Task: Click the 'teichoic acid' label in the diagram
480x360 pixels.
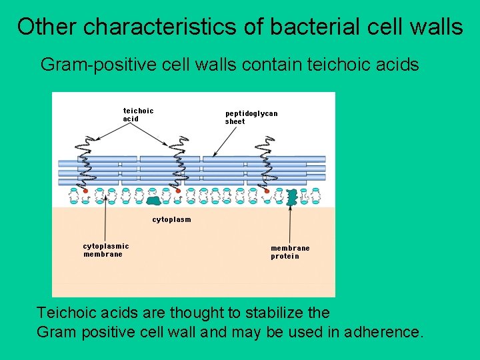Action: [x=138, y=115]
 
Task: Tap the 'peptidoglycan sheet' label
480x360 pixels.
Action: [x=251, y=117]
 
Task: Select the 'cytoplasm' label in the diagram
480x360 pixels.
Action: [x=171, y=219]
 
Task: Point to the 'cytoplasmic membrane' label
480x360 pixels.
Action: [x=105, y=250]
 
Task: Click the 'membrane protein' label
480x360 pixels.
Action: [x=290, y=252]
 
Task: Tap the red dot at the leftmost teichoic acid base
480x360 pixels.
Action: [x=86, y=191]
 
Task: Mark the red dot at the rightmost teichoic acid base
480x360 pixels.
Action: [x=267, y=191]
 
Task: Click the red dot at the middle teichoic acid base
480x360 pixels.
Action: [x=178, y=191]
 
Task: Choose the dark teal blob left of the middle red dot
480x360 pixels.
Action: [x=154, y=200]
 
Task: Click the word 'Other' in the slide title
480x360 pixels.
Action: [x=47, y=27]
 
